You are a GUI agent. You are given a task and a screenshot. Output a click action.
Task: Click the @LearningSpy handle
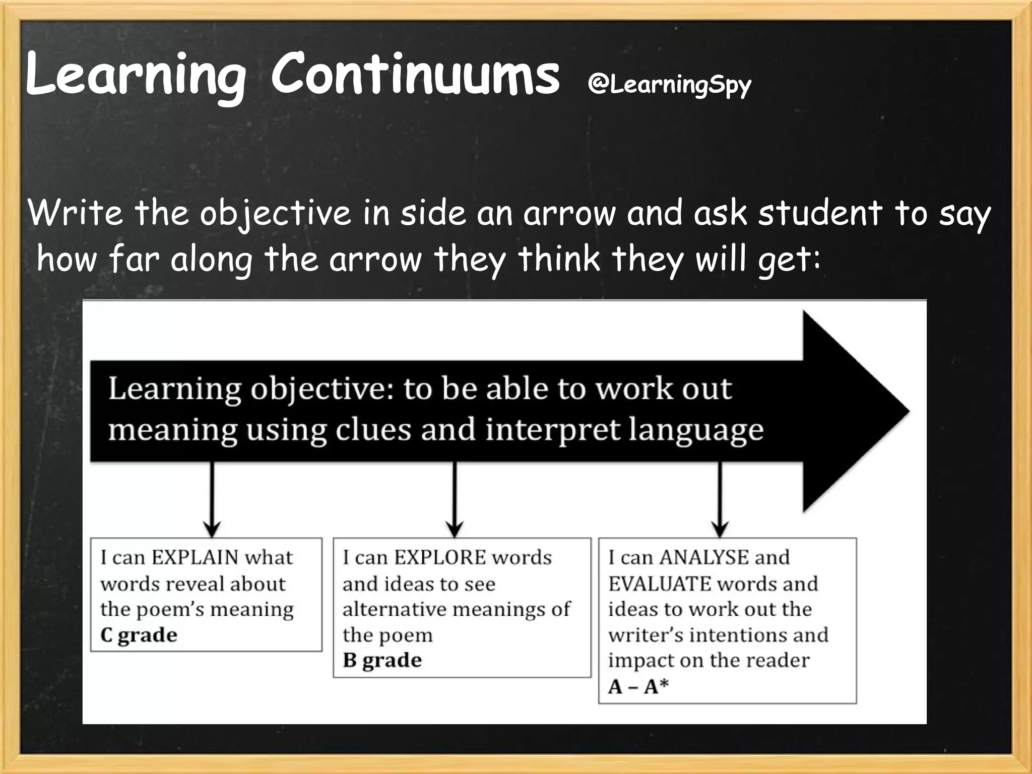(x=669, y=85)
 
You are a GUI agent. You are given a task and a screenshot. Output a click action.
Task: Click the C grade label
(x=139, y=635)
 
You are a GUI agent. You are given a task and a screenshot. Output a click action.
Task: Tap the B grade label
(x=382, y=661)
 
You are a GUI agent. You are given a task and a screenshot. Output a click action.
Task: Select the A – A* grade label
(x=638, y=686)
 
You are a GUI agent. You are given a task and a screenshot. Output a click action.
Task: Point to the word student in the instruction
(x=820, y=213)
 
